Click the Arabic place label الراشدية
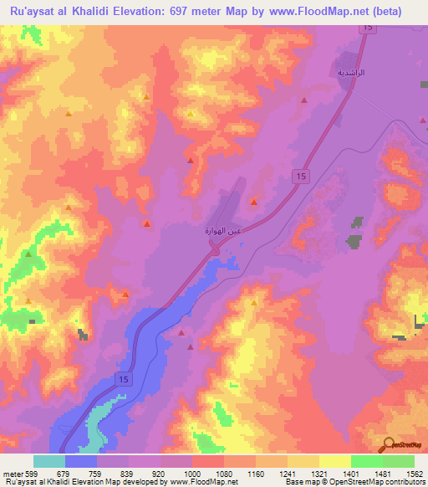[351, 73]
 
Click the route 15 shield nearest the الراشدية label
[367, 28]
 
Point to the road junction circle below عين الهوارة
[215, 250]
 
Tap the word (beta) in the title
[387, 12]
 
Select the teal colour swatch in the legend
[49, 461]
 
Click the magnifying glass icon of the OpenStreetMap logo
[389, 443]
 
